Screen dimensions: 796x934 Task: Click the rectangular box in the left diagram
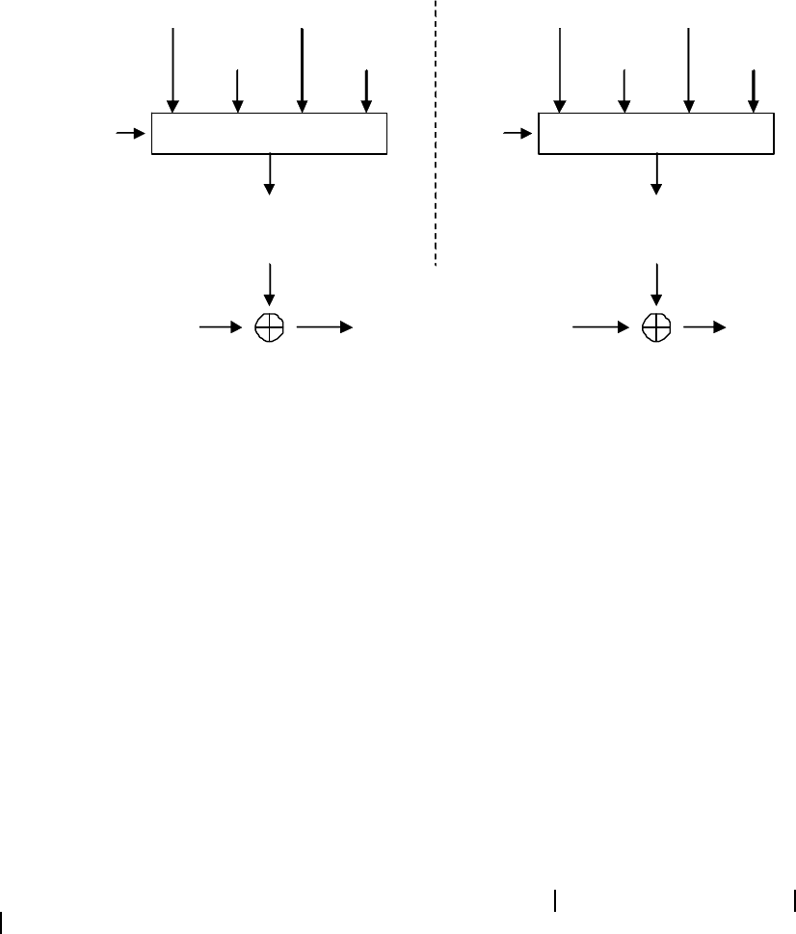[269, 133]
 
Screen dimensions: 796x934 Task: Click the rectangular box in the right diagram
[655, 133]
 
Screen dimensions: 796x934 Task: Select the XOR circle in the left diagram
[269, 328]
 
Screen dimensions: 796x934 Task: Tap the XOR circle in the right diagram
[655, 328]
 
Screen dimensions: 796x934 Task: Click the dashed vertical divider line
[436, 135]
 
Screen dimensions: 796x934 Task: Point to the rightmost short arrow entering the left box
[365, 91]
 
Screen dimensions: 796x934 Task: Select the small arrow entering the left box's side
[129, 133]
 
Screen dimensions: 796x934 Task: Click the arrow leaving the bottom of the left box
[269, 173]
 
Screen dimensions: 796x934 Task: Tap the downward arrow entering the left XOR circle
[269, 284]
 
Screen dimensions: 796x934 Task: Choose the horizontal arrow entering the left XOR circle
[221, 328]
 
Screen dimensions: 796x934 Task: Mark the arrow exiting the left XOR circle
[326, 328]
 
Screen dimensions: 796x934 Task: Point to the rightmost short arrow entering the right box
[753, 91]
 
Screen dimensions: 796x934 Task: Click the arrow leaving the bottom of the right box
[656, 173]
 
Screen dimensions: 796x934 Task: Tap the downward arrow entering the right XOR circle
[656, 284]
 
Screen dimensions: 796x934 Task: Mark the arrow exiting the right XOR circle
[705, 328]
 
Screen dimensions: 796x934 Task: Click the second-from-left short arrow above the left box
[236, 91]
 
